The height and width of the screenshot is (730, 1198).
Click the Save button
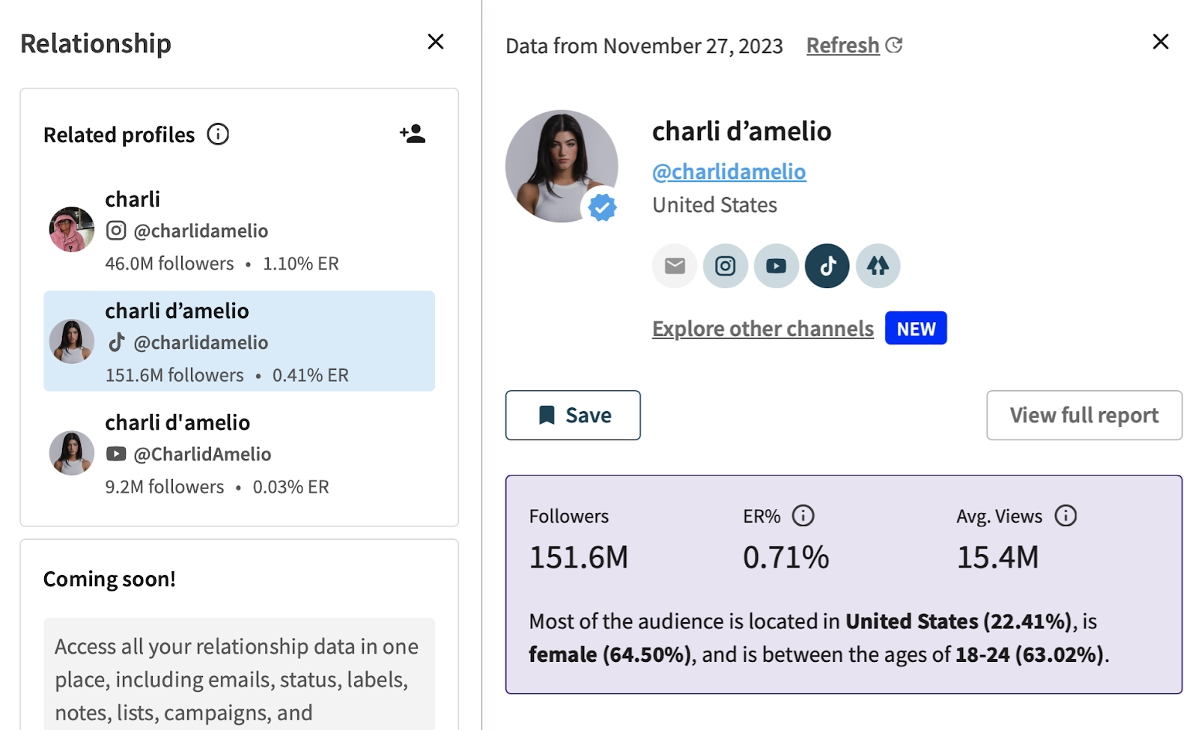573,415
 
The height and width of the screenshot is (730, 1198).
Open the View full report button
1083,415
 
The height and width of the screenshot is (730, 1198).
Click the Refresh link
843,46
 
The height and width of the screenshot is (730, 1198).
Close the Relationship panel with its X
436,42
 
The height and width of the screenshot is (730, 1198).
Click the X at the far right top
1161,42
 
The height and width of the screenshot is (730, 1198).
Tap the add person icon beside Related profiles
413,134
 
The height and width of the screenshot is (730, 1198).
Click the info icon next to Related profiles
218,134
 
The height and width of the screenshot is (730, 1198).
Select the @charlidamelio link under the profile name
729,171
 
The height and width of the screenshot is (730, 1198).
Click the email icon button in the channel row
675,266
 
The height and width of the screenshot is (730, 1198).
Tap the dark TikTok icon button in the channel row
827,266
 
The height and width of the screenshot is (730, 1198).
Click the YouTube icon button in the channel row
776,266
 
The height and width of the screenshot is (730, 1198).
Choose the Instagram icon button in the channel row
726,266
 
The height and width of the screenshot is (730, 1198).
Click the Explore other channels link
762,329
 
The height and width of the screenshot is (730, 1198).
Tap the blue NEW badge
916,329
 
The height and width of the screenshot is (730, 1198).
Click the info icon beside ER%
803,516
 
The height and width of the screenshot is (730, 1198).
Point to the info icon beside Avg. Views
1065,516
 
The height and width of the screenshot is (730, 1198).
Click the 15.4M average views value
997,558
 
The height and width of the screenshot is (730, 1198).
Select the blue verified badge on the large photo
602,207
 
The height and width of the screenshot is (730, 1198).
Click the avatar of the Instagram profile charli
72,229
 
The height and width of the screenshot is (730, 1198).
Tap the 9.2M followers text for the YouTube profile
165,487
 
